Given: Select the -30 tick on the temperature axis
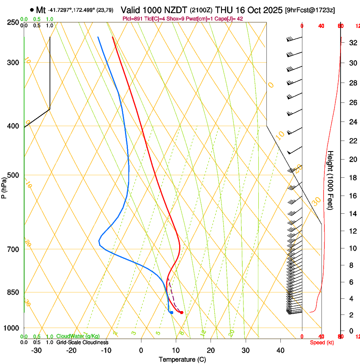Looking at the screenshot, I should click(36, 350).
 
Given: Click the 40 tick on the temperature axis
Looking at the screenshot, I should click(280, 350).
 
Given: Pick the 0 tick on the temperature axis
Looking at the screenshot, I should click(141, 350).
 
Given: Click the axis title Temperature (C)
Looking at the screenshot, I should click(182, 359).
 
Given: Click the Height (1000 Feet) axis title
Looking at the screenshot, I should click(330, 180).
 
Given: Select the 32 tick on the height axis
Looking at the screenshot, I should click(352, 43).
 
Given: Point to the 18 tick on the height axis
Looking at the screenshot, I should click(352, 178).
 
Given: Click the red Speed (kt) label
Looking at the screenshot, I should click(322, 342).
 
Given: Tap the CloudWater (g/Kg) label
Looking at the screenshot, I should click(78, 336).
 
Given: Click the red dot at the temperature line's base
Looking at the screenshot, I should click(181, 313).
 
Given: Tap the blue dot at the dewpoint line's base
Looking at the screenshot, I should click(172, 313).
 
